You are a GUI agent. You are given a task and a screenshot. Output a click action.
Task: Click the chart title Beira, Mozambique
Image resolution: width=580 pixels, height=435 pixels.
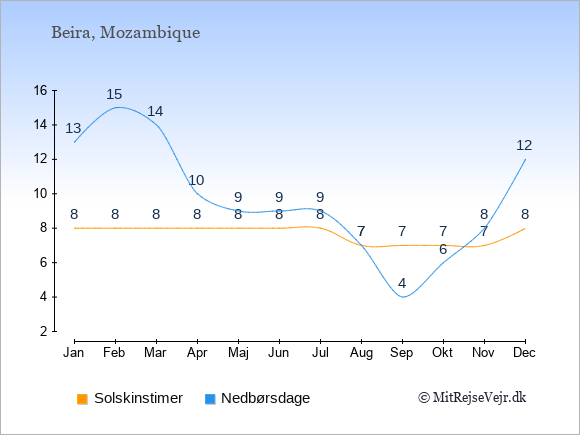click(x=126, y=33)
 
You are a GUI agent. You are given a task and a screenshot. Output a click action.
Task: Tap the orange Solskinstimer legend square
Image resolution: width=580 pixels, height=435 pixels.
click(x=82, y=399)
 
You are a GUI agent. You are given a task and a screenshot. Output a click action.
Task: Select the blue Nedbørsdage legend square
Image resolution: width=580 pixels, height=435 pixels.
click(x=210, y=399)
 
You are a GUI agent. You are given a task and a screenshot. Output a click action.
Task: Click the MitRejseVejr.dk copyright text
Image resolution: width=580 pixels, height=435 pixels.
click(x=472, y=398)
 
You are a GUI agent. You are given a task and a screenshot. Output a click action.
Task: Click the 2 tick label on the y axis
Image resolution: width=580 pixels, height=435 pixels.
click(x=44, y=331)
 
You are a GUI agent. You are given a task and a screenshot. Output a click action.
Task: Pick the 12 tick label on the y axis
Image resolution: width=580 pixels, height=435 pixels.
click(x=41, y=159)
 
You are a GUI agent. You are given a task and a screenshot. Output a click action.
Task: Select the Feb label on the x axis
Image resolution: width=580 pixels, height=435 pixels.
click(x=114, y=353)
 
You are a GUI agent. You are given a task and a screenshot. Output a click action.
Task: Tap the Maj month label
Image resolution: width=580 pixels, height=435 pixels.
click(x=238, y=353)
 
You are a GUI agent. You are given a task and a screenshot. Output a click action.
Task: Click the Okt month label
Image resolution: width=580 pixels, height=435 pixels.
click(x=442, y=353)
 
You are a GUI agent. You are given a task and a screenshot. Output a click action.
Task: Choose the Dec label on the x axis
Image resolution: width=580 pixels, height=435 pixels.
click(x=525, y=353)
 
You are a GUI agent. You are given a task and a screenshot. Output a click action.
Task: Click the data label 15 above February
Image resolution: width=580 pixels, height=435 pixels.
click(x=114, y=94)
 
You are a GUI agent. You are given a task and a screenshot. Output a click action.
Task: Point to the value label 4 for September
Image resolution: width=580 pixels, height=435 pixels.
click(x=402, y=283)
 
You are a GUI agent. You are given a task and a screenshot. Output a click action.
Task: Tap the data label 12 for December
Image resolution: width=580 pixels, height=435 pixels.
click(x=524, y=145)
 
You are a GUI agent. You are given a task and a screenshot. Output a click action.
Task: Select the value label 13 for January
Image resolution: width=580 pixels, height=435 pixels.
click(x=73, y=128)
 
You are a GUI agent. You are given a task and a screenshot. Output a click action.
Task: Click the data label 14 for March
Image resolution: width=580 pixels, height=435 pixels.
click(x=155, y=111)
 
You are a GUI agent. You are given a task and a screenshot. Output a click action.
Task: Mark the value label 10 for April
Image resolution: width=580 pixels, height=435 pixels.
click(x=196, y=180)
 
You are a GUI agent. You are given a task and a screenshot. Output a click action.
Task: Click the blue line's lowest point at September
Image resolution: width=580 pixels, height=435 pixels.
click(x=403, y=297)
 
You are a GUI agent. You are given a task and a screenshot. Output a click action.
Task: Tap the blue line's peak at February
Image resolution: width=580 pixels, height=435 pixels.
click(x=118, y=107)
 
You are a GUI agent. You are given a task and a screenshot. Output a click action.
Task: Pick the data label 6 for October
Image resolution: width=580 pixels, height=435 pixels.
click(x=443, y=249)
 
